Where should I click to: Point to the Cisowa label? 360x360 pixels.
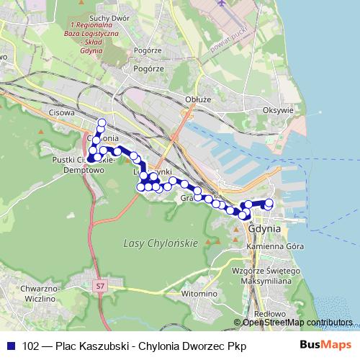[63, 112]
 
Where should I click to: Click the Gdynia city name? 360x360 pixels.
[261, 230]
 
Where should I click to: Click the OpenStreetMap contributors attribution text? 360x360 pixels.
[297, 323]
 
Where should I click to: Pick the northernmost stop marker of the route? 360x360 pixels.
[102, 122]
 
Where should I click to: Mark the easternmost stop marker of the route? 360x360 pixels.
[270, 203]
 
